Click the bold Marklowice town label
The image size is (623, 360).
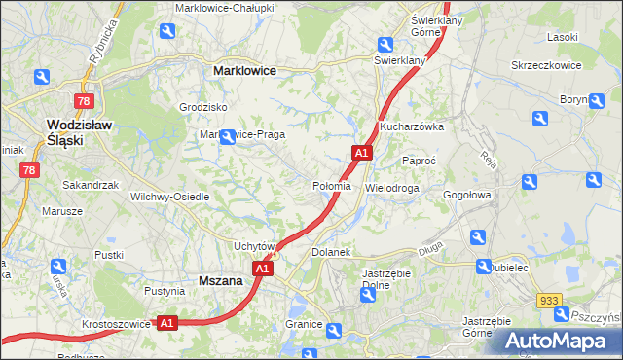pos(244,71)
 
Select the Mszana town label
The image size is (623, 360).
pos(220,280)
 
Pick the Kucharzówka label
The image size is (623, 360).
pos(412,126)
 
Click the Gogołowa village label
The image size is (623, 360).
pos(468,195)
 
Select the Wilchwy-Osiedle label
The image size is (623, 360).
pos(170,196)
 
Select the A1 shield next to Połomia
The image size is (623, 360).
pos(361,153)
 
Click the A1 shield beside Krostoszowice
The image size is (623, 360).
pos(166,323)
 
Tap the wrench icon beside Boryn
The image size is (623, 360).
pos(605,88)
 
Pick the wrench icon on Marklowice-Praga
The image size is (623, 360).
pos(228,137)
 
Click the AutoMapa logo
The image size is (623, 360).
pos(555,341)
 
